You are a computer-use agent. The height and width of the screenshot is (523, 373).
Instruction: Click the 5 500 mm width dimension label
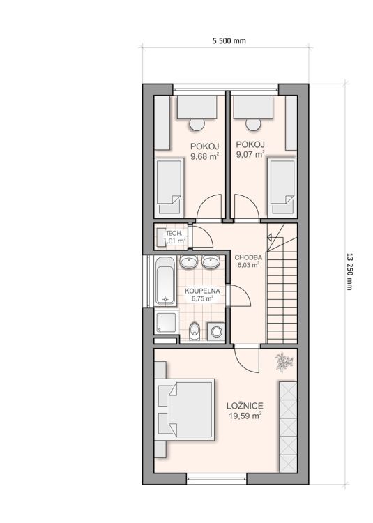click(x=229, y=40)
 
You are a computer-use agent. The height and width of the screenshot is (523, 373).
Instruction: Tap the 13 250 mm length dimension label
click(x=349, y=272)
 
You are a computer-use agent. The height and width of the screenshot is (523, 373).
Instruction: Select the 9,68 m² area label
click(x=205, y=156)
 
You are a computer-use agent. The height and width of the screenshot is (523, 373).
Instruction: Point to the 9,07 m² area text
click(x=250, y=154)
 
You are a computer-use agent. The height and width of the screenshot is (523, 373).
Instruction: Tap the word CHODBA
click(x=248, y=257)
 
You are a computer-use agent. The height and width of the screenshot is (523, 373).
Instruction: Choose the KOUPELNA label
click(x=202, y=291)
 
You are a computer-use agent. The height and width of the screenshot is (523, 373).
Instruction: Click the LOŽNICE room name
click(x=245, y=406)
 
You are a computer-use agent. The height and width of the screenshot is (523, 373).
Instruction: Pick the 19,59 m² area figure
click(x=245, y=416)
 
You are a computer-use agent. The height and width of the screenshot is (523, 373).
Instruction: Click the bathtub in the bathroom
click(x=165, y=281)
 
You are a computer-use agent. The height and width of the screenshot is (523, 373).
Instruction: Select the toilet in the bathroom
click(x=194, y=331)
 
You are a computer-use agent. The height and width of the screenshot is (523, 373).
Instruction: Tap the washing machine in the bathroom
click(x=216, y=331)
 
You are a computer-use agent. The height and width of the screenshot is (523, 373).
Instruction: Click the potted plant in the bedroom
click(x=284, y=362)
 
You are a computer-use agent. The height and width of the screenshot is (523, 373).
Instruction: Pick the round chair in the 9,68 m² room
click(x=197, y=124)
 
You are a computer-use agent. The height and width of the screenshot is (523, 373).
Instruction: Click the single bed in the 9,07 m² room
click(x=282, y=187)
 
